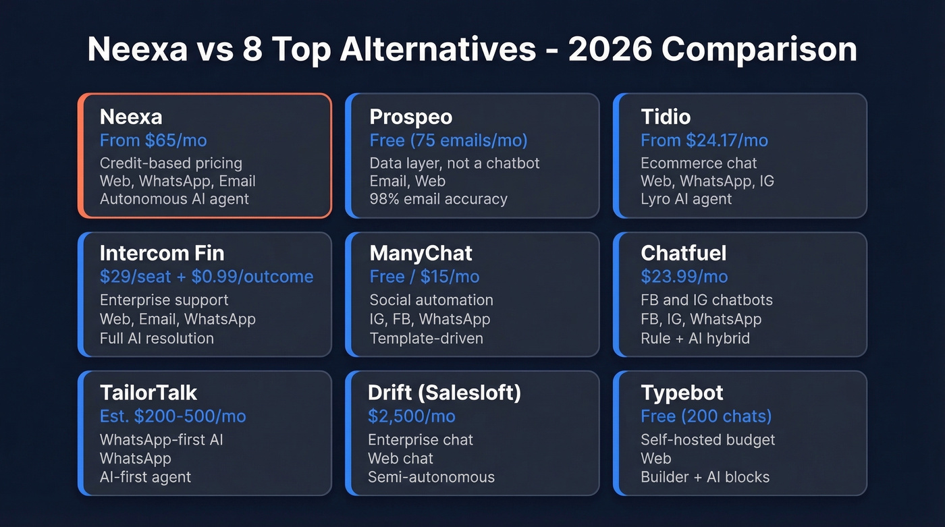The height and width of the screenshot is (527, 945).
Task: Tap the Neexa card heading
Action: point(131,117)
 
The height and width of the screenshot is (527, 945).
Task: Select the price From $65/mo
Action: point(153,140)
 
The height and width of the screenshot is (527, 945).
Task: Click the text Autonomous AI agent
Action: point(174,199)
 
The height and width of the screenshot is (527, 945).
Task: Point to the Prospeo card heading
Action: point(411,117)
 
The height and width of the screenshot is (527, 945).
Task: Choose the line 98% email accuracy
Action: point(438,199)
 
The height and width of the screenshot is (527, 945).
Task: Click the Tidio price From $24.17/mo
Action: point(704,140)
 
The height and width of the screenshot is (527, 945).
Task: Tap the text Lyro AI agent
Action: point(686,199)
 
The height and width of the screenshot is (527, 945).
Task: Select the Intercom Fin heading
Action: point(162,253)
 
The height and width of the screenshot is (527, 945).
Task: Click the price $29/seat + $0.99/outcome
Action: point(207,277)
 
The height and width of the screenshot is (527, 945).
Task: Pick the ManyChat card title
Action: point(421,253)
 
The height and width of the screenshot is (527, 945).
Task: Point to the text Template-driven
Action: point(426,338)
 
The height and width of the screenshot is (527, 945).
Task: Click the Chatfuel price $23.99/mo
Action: point(684,277)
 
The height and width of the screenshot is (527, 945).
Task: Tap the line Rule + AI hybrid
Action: point(695,338)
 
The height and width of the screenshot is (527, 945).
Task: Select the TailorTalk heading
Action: point(148,392)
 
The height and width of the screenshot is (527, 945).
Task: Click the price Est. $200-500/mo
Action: point(173,416)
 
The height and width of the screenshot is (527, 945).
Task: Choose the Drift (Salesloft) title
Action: point(444,392)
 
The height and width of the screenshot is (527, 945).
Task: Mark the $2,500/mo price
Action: point(411,416)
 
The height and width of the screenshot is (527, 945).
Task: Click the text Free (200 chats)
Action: point(706,416)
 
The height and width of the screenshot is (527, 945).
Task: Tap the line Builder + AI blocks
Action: point(705,477)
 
